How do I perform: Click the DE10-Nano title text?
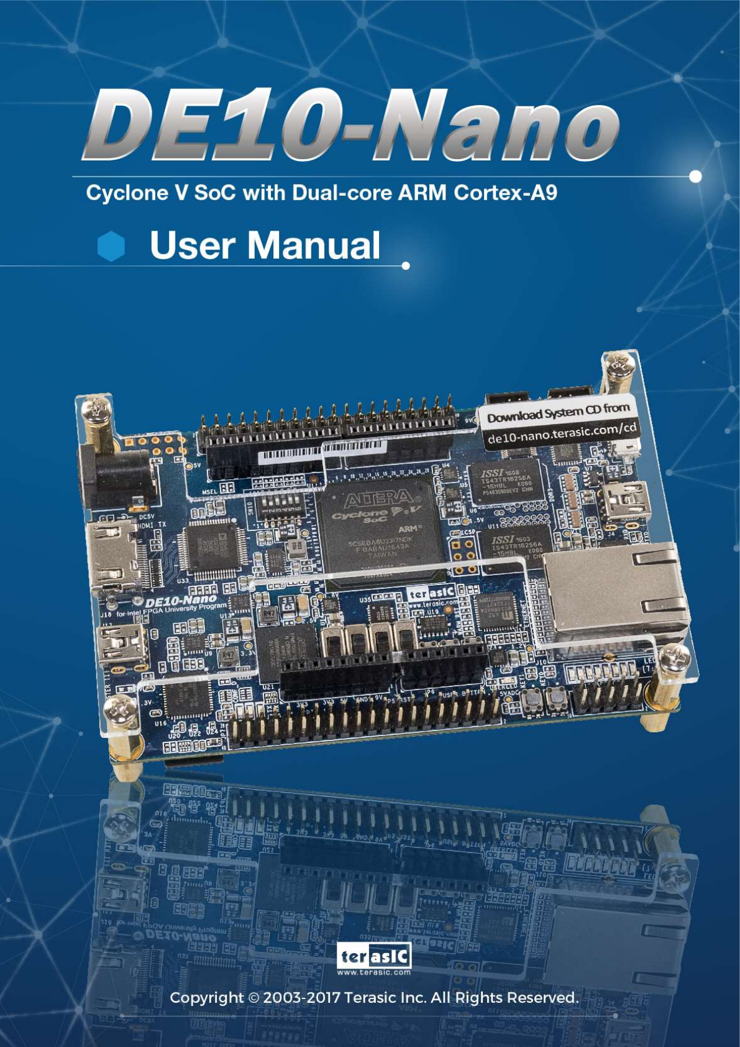351,124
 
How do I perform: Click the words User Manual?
265,245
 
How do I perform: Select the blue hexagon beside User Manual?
111,246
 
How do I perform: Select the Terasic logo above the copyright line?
374,958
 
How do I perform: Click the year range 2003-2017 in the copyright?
301,997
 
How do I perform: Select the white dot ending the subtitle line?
696,177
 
